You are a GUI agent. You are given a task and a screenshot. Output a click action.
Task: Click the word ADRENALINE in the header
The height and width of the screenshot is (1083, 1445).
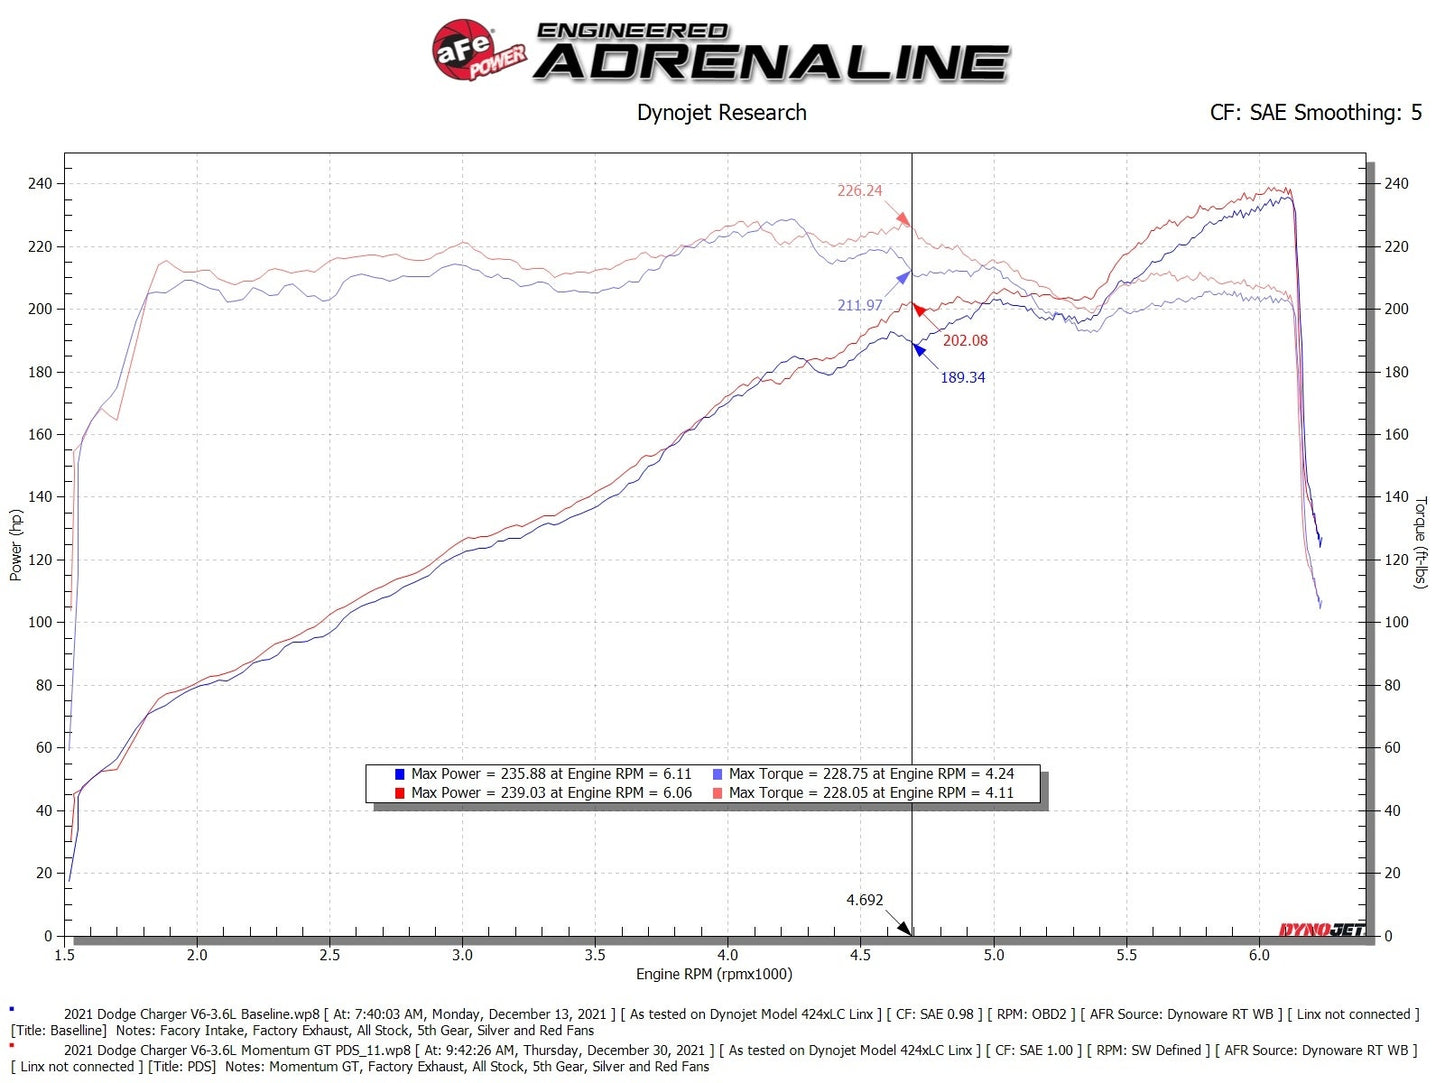tap(772, 63)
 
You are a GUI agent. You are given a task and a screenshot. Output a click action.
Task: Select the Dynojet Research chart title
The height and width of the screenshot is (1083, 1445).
tap(721, 113)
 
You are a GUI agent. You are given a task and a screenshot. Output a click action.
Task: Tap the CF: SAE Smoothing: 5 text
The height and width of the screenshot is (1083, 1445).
tap(1315, 113)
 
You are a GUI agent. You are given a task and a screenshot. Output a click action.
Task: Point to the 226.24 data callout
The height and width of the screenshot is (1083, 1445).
tap(859, 191)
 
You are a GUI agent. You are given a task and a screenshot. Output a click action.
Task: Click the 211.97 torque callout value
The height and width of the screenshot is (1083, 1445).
tap(859, 305)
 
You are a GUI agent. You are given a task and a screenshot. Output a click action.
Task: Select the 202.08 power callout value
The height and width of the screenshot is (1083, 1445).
tap(964, 341)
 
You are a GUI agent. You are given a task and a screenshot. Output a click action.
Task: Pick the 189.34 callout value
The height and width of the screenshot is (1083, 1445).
tap(962, 378)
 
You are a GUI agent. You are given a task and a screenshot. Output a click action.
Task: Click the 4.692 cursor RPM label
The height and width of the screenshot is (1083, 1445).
tap(864, 900)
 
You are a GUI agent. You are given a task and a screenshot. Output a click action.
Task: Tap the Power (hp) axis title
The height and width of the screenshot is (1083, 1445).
tap(15, 545)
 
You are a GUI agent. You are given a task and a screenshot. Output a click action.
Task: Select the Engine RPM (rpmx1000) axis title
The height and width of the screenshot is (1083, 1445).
tap(714, 975)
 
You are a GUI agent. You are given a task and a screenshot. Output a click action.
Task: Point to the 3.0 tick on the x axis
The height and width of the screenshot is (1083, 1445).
tap(462, 956)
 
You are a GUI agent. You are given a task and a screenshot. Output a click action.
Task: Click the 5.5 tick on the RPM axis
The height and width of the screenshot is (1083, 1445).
tap(1126, 956)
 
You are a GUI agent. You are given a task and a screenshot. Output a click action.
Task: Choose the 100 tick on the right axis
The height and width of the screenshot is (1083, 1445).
tap(1395, 622)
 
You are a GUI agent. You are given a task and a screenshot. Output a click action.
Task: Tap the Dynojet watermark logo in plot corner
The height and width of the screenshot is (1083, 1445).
tap(1321, 930)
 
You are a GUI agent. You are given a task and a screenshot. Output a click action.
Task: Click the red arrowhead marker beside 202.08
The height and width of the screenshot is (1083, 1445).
tap(918, 309)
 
